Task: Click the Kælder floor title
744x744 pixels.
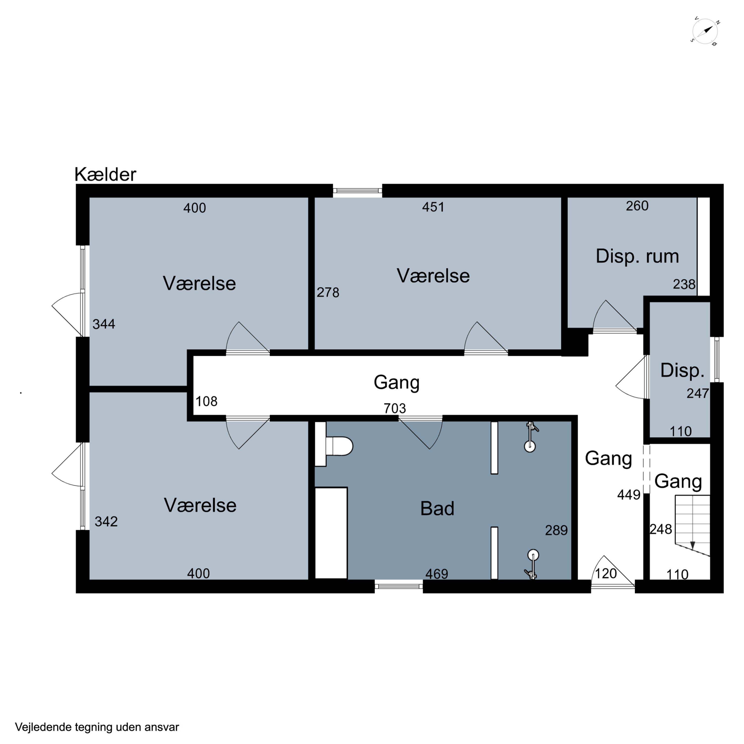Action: point(105,174)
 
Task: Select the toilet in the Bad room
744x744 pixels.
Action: point(339,446)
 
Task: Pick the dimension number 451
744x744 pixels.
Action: point(433,207)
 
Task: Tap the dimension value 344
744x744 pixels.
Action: point(104,324)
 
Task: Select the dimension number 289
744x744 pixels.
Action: point(556,530)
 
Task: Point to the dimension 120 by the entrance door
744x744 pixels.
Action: point(606,573)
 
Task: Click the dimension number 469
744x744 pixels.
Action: point(437,574)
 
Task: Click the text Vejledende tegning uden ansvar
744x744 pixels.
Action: point(97,727)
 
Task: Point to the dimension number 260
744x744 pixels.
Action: point(637,206)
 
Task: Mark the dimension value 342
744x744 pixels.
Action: point(106,521)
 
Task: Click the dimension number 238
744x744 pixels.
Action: point(684,284)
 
